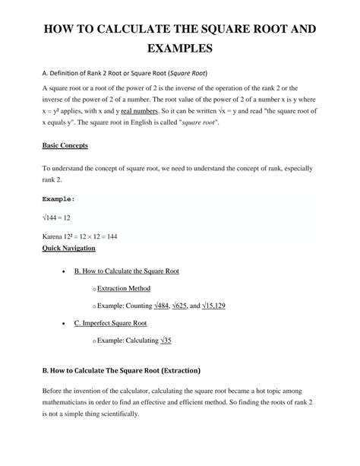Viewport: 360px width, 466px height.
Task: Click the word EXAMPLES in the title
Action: (180, 49)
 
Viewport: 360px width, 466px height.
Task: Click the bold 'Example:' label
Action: (58, 200)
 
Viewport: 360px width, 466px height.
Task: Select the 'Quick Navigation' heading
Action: (68, 248)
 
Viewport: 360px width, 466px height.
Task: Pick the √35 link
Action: (166, 341)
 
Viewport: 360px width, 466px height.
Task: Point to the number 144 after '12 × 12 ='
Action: (112, 237)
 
